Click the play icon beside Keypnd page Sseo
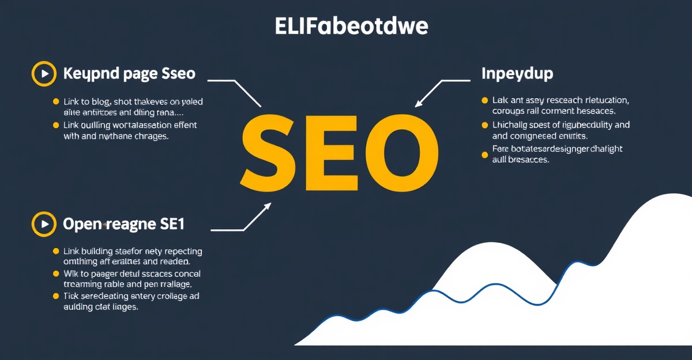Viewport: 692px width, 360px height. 43,73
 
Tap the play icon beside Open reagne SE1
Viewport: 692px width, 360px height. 43,224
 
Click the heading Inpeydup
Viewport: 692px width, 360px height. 517,74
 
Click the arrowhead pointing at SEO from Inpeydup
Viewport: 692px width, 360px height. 419,103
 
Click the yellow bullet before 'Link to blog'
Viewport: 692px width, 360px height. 56,102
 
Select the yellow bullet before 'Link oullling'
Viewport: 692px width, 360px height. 56,125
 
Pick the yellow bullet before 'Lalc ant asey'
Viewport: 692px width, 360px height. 484,100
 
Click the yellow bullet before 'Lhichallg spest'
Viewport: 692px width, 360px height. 484,125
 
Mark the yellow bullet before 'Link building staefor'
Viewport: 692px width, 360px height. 56,252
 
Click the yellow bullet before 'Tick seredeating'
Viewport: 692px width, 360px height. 56,296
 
